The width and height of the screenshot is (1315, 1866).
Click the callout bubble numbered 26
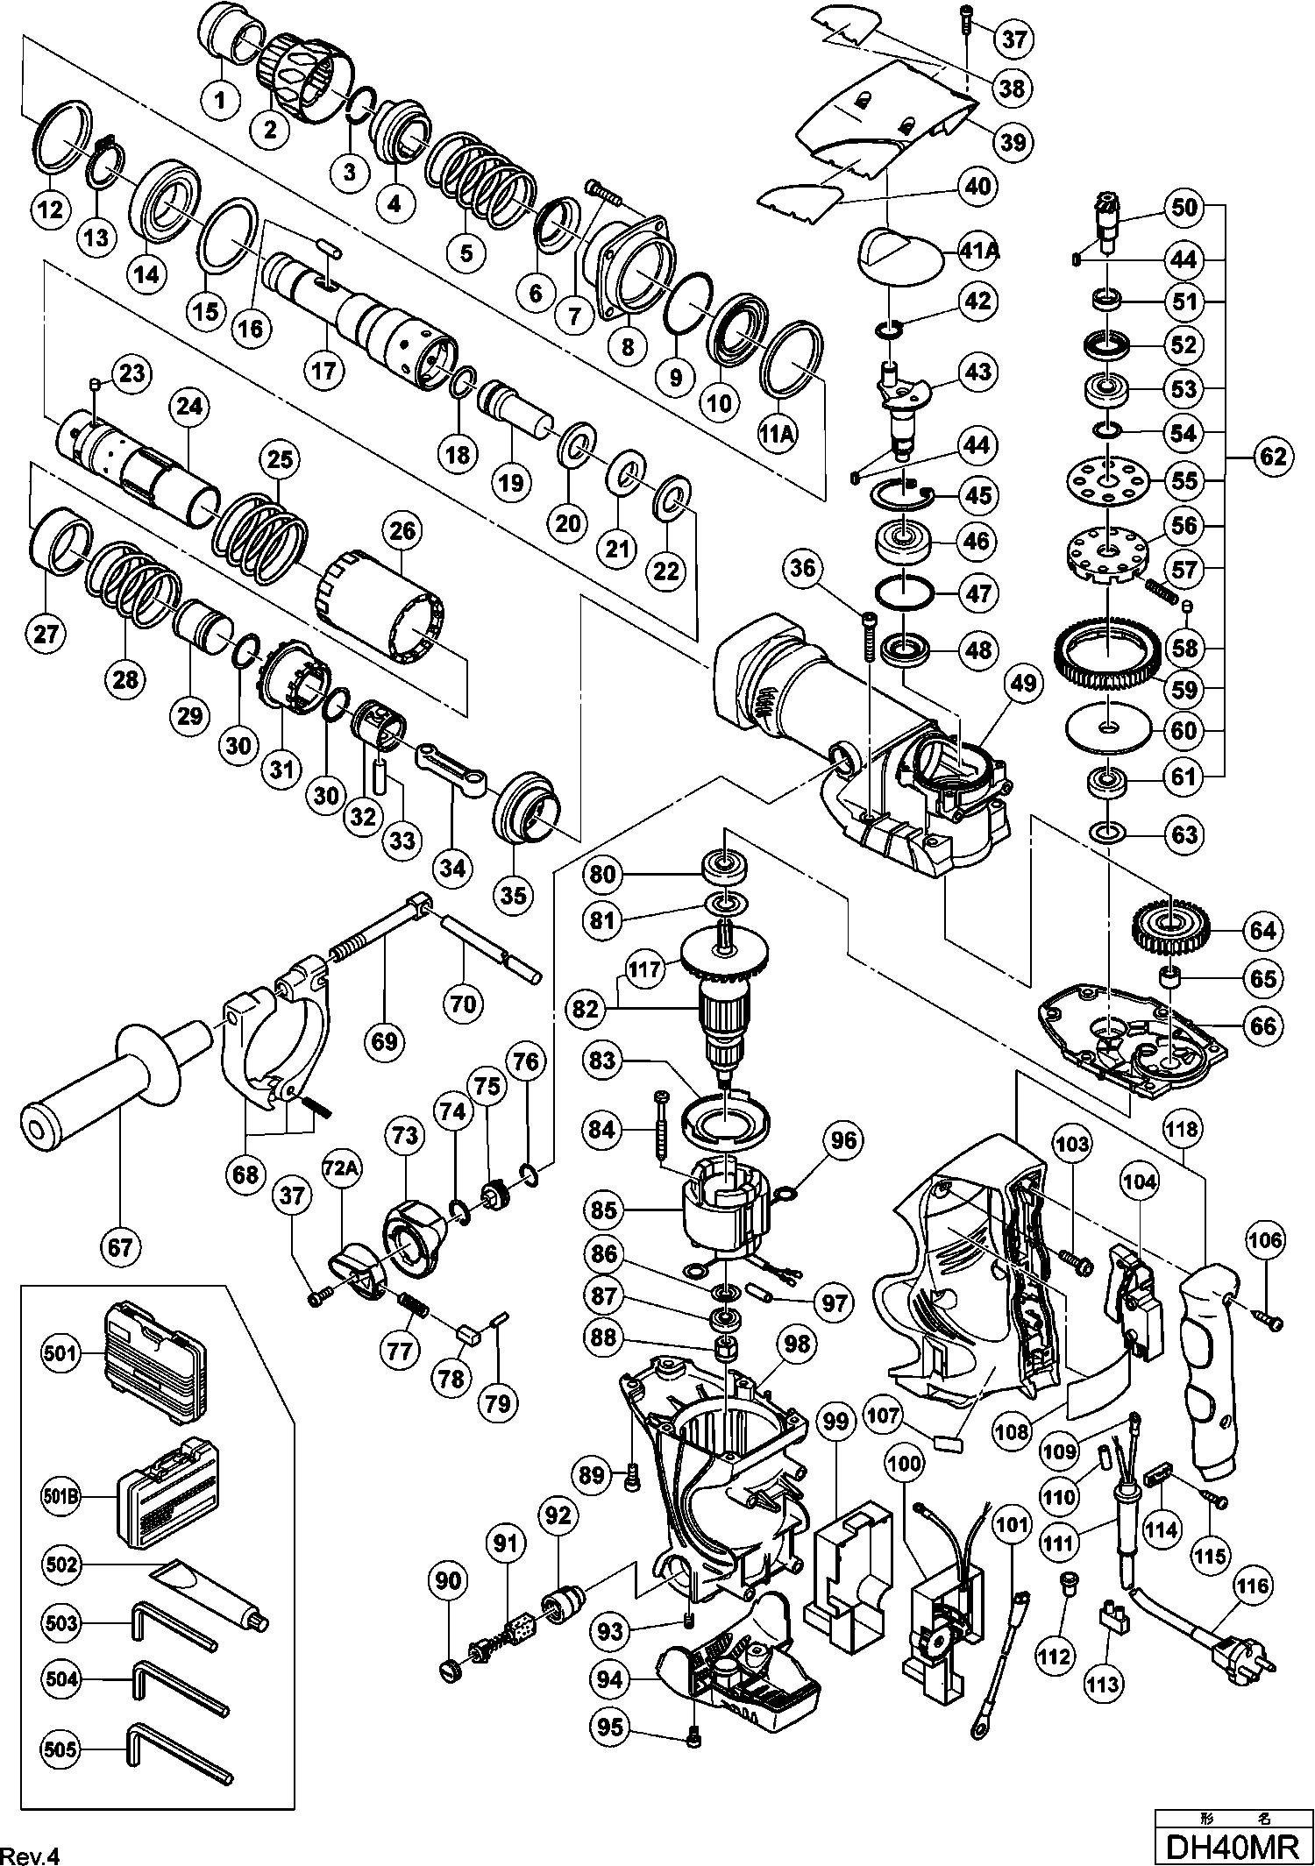pos(404,530)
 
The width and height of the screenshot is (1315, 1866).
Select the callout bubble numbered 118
pos(1182,1131)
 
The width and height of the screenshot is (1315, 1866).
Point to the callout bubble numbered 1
pos(220,100)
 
